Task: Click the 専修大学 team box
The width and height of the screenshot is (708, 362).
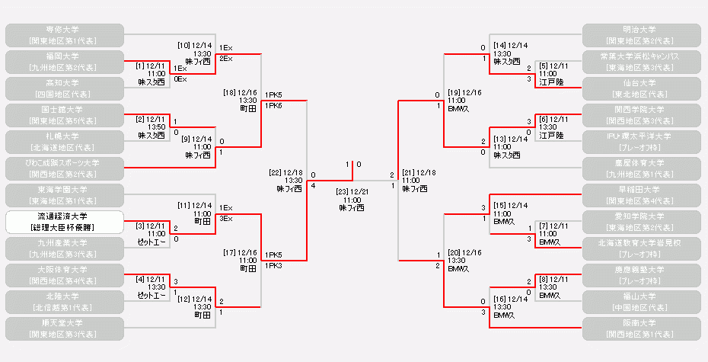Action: (64, 34)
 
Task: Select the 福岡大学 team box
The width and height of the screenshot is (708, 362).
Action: (64, 61)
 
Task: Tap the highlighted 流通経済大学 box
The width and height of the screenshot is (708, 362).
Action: (64, 222)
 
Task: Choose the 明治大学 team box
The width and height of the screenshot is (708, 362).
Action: (641, 34)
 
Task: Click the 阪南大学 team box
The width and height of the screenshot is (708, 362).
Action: (641, 328)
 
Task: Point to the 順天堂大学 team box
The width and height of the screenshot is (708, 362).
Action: (64, 328)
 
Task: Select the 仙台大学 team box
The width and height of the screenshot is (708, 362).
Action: (641, 88)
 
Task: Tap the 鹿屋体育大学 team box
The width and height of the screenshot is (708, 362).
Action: (641, 168)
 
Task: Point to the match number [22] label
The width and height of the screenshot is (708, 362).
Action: (276, 173)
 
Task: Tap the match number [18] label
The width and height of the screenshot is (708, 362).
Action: (230, 92)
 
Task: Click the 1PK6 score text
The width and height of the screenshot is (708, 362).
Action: (273, 105)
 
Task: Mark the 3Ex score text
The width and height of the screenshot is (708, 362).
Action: (225, 218)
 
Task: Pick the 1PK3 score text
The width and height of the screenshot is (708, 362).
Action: (273, 266)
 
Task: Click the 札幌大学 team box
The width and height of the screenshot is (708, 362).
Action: (64, 142)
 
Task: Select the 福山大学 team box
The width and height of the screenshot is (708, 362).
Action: (641, 302)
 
